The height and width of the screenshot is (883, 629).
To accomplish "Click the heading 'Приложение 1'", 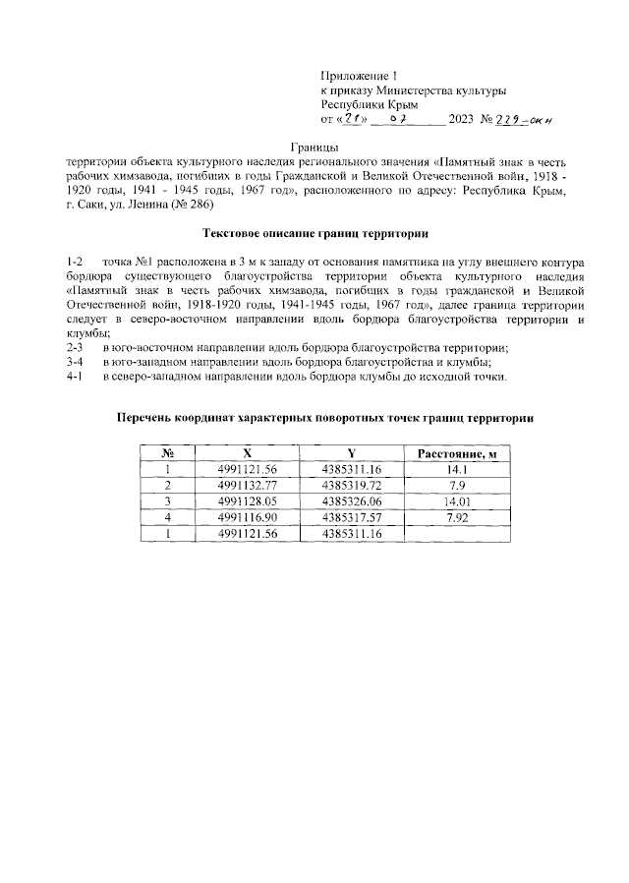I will pos(362,76).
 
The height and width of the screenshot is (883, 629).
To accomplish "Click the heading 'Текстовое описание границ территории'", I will pos(314,234).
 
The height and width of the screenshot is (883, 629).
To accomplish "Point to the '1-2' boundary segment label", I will pos(73,264).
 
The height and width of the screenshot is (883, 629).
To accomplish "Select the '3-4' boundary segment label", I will pos(73,363).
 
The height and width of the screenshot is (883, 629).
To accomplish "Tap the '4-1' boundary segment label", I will pos(73,378).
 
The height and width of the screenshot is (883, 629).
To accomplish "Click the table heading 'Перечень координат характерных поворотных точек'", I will pos(324,418).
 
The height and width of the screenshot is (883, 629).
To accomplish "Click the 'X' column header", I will pos(247,454).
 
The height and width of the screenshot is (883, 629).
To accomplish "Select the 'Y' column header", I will pos(350,454).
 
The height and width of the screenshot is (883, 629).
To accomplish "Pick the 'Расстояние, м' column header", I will pos(456,454).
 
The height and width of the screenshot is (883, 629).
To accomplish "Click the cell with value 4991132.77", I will pos(247,486).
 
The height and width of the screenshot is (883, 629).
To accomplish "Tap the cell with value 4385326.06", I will pos(350,501).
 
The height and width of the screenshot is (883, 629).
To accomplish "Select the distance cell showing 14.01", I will pos(456,501).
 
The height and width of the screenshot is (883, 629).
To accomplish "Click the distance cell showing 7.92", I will pos(456,517).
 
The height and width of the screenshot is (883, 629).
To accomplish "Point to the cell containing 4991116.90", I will pos(247,517).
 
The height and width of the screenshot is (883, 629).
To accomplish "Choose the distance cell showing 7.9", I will pos(456,486).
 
